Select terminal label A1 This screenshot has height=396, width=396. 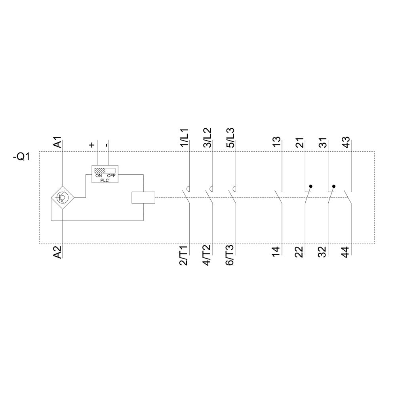click(57, 143)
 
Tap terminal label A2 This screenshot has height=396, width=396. click(57, 252)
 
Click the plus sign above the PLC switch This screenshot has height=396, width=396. click(92, 145)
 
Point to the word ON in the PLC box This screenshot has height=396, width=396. click(99, 175)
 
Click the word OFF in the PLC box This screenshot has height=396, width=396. click(111, 175)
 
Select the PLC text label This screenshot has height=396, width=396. click(105, 179)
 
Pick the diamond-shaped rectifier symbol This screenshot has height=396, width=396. click(63, 197)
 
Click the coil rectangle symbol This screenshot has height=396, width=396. click(143, 197)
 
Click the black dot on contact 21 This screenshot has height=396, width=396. click(311, 186)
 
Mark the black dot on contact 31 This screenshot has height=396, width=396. click(334, 186)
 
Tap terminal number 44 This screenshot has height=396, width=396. click(345, 252)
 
